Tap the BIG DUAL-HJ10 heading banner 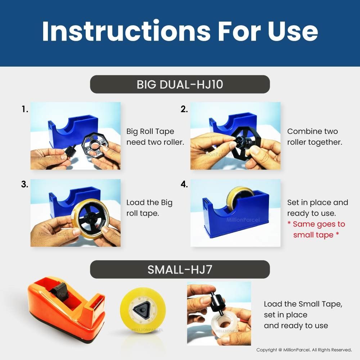coord(180,84)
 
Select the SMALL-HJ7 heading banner coord(180,269)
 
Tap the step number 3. coord(24,184)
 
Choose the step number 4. coord(184,184)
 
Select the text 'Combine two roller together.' coord(315,136)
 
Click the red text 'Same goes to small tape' coord(316,229)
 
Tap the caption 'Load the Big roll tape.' coord(149,208)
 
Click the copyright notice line coord(304,350)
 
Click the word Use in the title coord(292,31)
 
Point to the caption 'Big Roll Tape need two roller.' coord(155,136)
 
